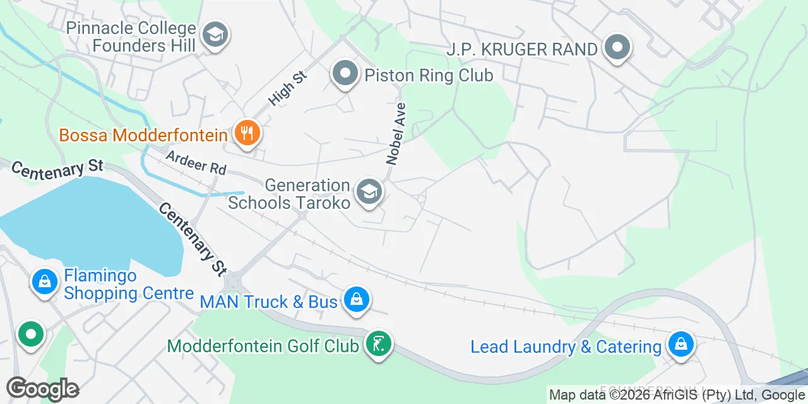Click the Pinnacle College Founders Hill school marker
215,35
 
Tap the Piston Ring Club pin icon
345,74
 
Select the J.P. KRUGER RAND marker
617,48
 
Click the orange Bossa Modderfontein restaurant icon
247,133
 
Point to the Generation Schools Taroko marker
369,192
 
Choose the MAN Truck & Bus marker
357,300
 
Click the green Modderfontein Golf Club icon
378,344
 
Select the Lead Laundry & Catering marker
681,345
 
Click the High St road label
287,88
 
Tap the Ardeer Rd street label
196,162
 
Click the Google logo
42,389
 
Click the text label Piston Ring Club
429,76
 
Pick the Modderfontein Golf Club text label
263,346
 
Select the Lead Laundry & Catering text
566,347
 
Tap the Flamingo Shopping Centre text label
129,285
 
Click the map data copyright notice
677,395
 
